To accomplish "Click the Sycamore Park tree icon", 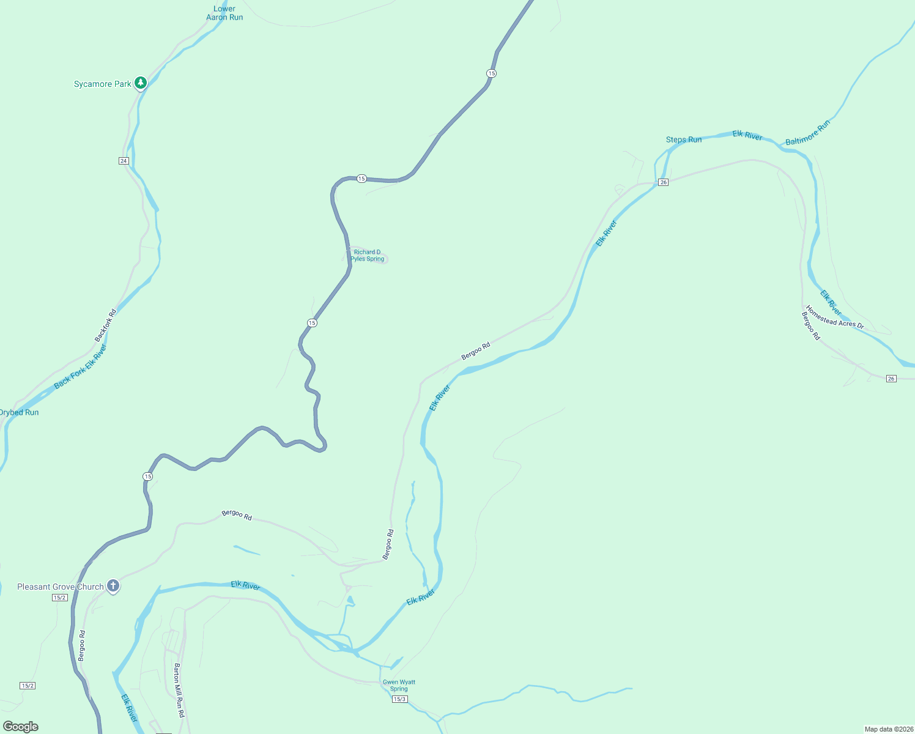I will point(141,83).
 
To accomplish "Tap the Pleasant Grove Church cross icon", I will point(113,586).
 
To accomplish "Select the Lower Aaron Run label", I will point(224,13).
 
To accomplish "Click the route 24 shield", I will point(124,161).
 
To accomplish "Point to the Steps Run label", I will point(684,139).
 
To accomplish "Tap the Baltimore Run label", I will point(807,133).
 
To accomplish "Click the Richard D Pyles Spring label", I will point(368,256).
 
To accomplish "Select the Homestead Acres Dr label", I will point(834,317).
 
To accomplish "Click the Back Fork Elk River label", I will point(80,367).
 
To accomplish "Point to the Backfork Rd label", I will point(105,326).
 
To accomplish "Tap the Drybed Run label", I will point(19,412).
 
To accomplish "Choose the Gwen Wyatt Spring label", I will point(399,685).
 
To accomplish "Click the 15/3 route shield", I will point(399,699).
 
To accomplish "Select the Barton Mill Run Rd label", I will point(179,690).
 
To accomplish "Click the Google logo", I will point(21,727).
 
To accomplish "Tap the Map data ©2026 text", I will point(887,729).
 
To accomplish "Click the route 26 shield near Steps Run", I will point(663,182).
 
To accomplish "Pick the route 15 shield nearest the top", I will point(491,73).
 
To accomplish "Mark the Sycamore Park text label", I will point(102,84).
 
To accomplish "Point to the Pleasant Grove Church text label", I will point(61,587).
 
